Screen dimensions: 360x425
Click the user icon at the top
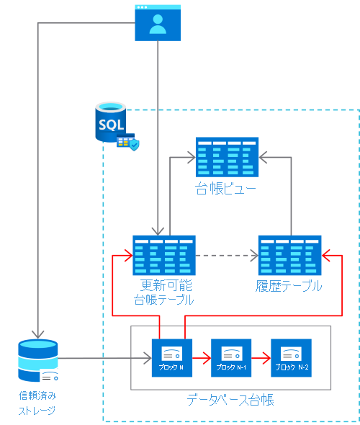coord(158,23)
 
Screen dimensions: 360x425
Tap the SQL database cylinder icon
coord(110,122)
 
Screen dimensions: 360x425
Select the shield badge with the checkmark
coord(134,145)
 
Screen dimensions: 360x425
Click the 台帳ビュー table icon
coord(227,157)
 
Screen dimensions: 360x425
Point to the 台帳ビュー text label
coord(225,189)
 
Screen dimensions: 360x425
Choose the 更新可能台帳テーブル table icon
coord(164,255)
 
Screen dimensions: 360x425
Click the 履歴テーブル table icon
coord(290,255)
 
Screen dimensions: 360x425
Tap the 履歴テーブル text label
coord(289,286)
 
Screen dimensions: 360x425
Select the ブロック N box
coord(172,358)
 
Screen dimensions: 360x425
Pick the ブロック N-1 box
coord(231,358)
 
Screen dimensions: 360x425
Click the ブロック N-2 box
coord(291,358)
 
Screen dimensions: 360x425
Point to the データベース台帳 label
coord(230,400)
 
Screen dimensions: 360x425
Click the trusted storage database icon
coord(38,360)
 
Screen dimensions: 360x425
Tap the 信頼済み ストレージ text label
coord(37,403)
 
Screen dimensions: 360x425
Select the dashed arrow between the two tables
coord(227,255)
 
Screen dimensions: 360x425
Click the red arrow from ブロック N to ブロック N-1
coord(202,358)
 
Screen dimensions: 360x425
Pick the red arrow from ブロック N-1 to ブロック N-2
coord(261,358)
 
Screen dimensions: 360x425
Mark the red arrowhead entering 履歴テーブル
coord(325,255)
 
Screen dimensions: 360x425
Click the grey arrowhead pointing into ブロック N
coord(148,358)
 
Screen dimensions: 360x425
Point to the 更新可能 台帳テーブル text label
coord(164,292)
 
